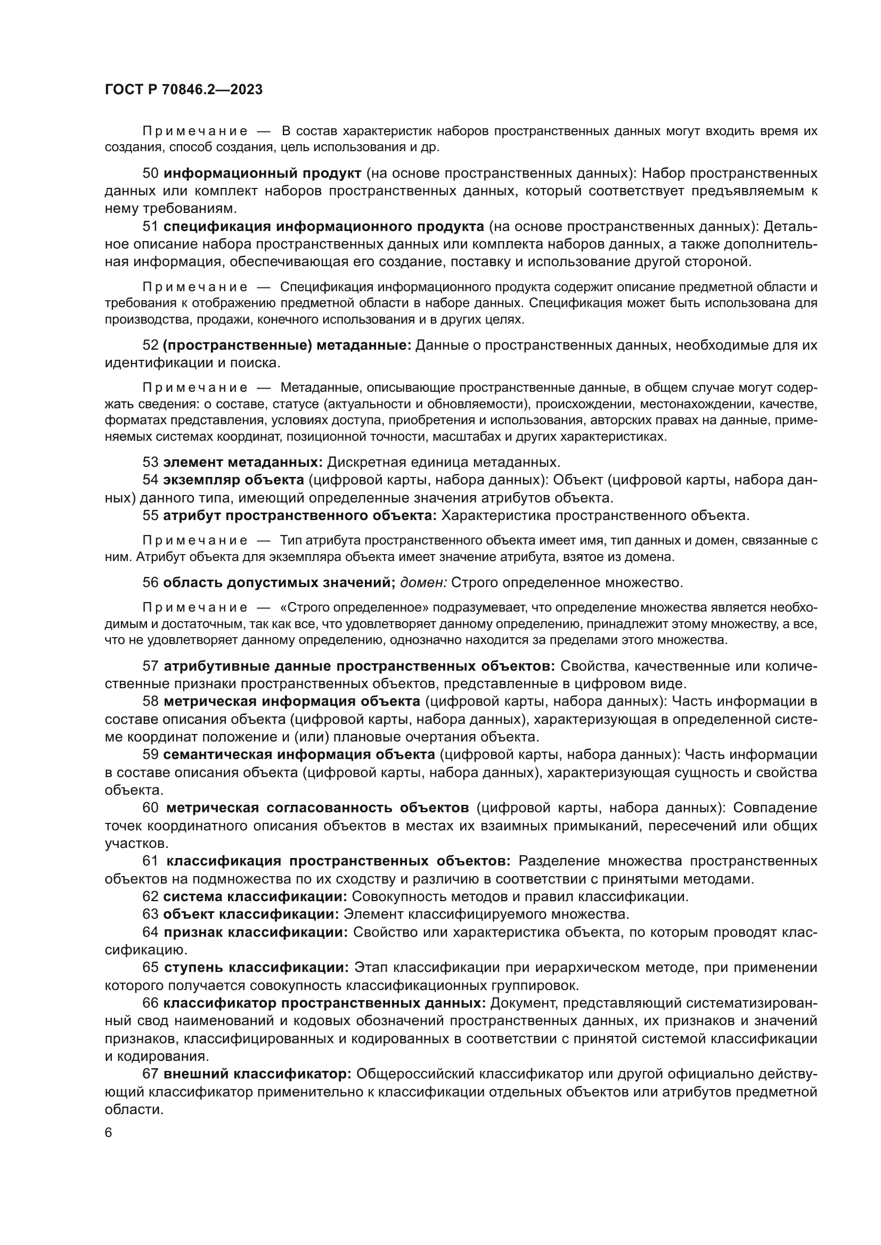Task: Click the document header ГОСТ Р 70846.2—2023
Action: point(183,90)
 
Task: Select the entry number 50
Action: point(150,174)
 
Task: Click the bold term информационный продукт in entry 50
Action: point(262,174)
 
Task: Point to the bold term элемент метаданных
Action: point(242,463)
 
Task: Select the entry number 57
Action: point(150,666)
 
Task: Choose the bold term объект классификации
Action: point(251,914)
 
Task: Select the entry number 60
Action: point(150,808)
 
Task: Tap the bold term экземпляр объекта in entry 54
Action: point(233,480)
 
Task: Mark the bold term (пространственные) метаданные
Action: point(287,345)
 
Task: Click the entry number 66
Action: point(150,1003)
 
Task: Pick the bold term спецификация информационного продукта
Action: point(323,227)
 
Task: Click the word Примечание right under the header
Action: point(195,131)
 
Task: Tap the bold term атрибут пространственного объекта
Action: point(299,516)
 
